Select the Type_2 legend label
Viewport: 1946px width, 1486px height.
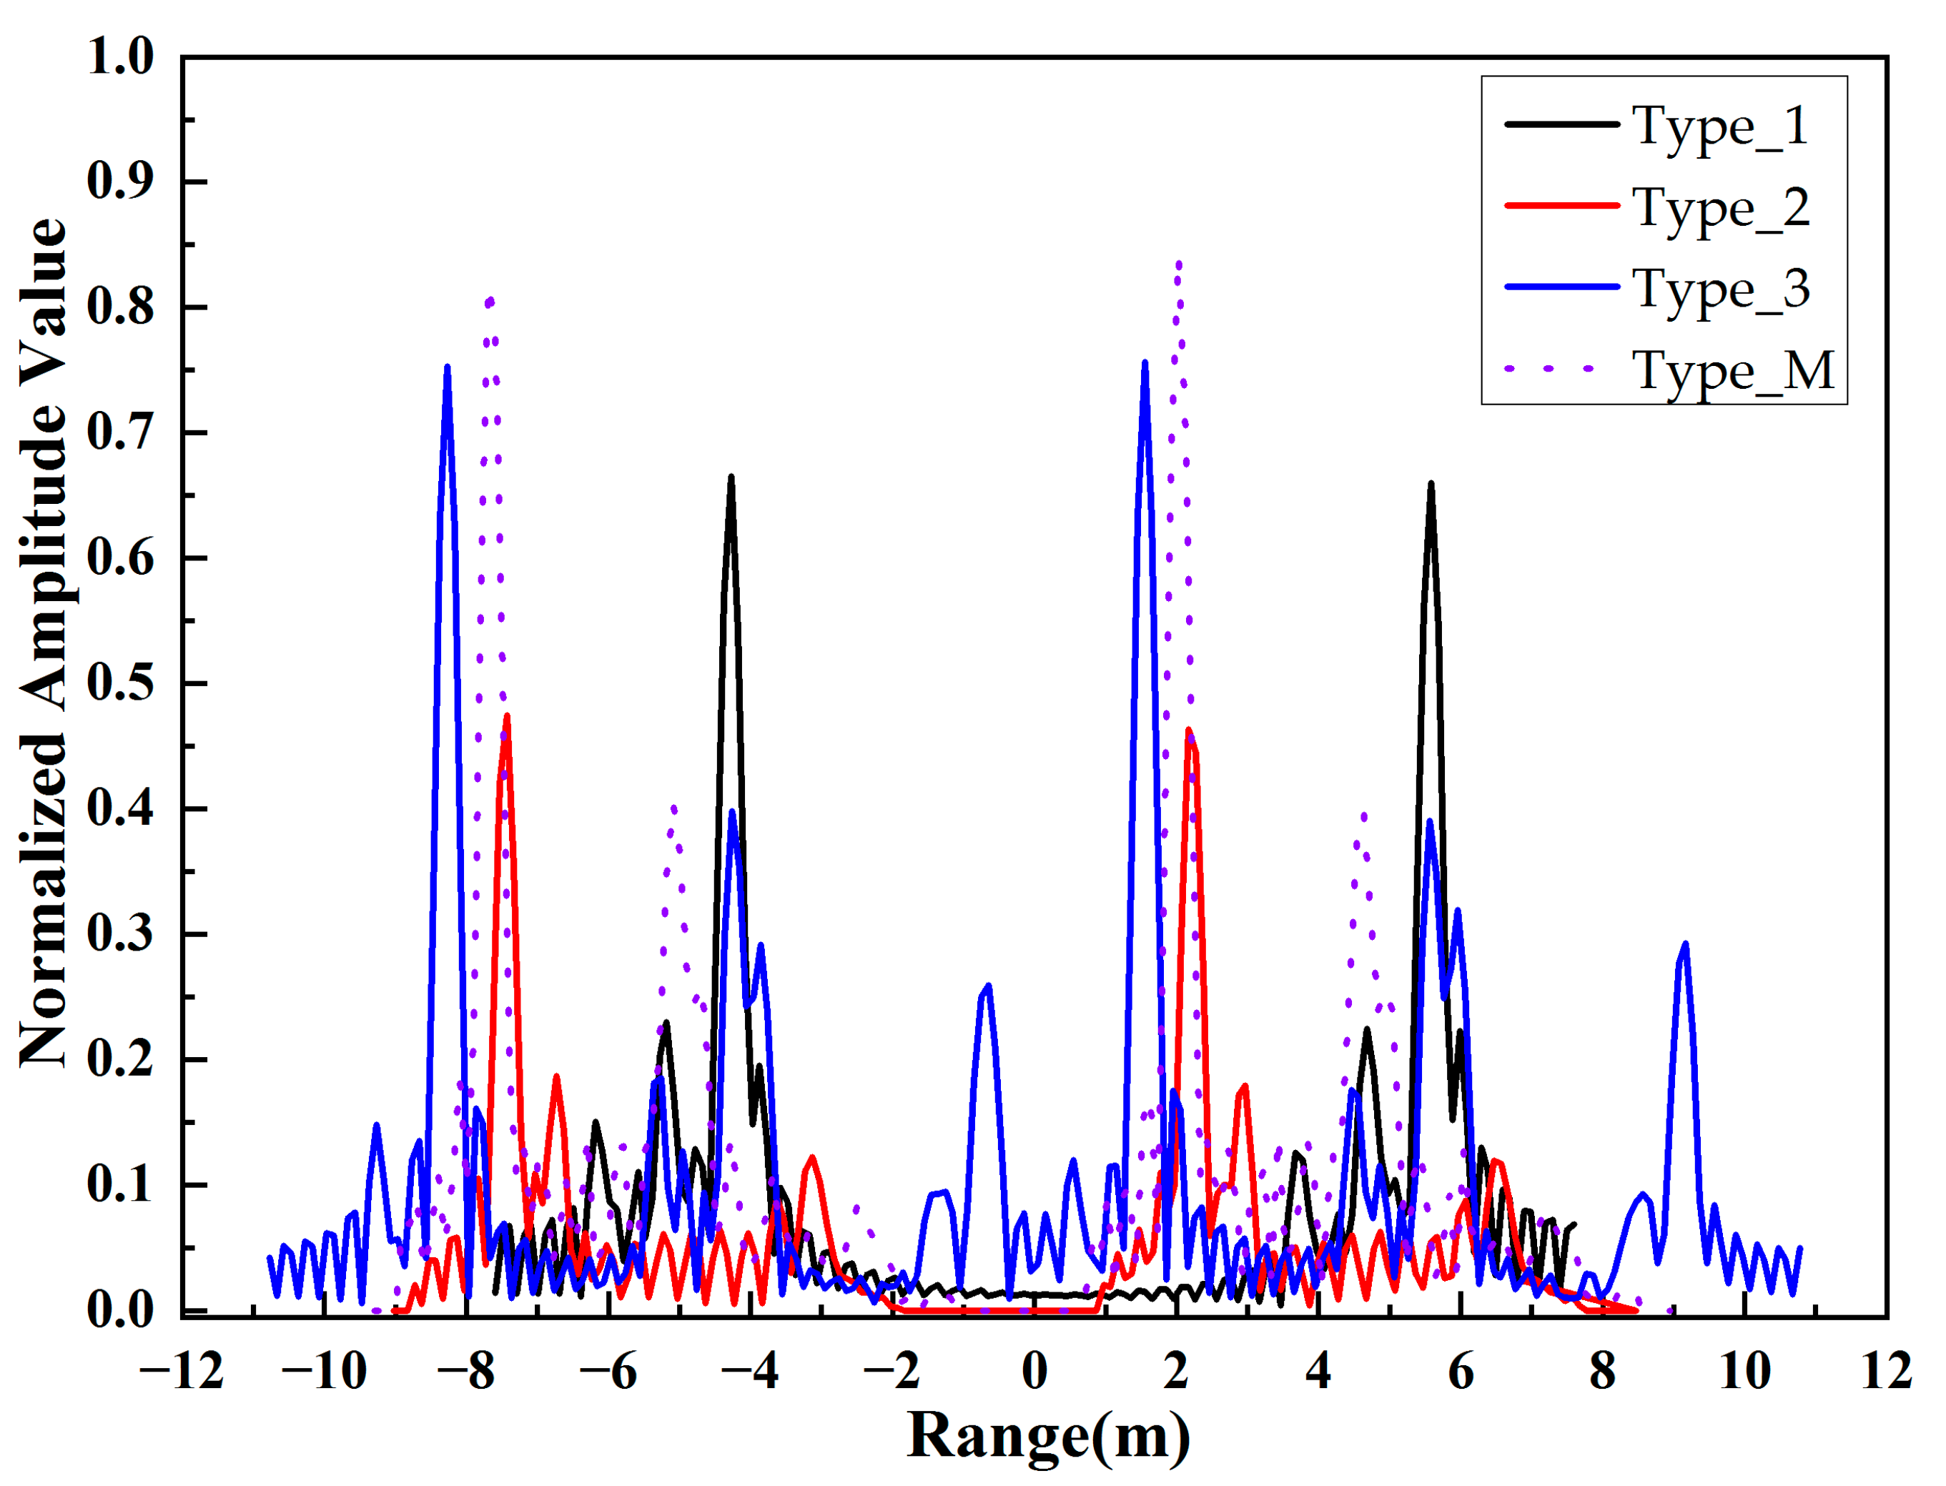[x=1720, y=209]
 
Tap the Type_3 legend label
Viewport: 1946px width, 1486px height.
[x=1720, y=290]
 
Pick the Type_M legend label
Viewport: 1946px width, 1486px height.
[x=1732, y=372]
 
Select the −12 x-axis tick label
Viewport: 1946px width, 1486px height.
[x=182, y=1371]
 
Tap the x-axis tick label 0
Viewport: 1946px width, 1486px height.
[x=1034, y=1371]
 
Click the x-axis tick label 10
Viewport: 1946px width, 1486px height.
[x=1744, y=1371]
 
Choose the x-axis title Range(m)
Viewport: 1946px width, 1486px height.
[x=1048, y=1435]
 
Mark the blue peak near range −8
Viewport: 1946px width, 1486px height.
[x=448, y=368]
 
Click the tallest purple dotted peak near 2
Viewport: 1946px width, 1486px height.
[x=1179, y=264]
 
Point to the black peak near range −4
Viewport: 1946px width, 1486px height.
[x=731, y=478]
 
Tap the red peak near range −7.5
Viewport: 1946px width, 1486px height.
[x=507, y=716]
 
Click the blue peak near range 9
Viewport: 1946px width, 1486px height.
[x=1685, y=945]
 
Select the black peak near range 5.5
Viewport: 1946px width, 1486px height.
[x=1431, y=485]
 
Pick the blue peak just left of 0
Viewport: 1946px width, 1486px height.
[x=988, y=986]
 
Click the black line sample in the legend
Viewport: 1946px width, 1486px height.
[x=1561, y=124]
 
